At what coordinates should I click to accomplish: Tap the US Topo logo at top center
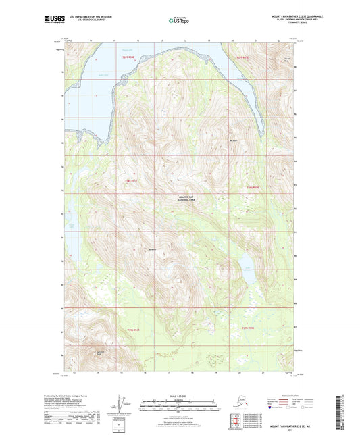tap(180, 21)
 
